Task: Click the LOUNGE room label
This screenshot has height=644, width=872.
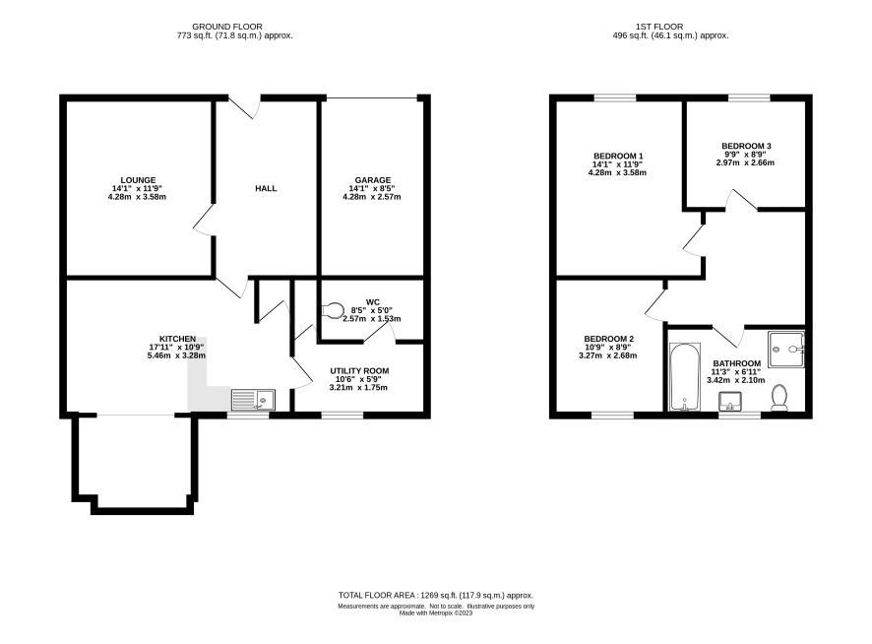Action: pyautogui.click(x=138, y=180)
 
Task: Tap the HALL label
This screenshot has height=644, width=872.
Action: pyautogui.click(x=266, y=189)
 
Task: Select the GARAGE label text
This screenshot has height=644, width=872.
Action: pyautogui.click(x=373, y=180)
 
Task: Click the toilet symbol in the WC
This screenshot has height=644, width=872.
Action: pyautogui.click(x=333, y=310)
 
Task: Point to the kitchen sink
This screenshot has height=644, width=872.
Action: pyautogui.click(x=253, y=400)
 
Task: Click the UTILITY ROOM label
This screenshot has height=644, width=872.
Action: pyautogui.click(x=359, y=371)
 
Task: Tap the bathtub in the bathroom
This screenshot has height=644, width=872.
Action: pyautogui.click(x=685, y=377)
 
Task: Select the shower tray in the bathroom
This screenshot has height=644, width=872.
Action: pyautogui.click(x=786, y=350)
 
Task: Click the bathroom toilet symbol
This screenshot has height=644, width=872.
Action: pyautogui.click(x=779, y=398)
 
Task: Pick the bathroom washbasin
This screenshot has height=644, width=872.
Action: pyautogui.click(x=730, y=401)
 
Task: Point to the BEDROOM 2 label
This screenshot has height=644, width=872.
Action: pyautogui.click(x=609, y=339)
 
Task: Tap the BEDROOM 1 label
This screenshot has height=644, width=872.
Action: pyautogui.click(x=618, y=157)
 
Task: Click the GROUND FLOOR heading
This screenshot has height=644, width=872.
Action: pyautogui.click(x=227, y=27)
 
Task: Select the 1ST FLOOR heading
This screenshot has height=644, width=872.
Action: pyautogui.click(x=659, y=27)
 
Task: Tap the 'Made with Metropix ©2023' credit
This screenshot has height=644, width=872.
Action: pyautogui.click(x=436, y=613)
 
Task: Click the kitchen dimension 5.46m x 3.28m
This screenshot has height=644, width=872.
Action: pyautogui.click(x=176, y=355)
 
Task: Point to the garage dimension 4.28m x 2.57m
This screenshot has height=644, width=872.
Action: pyautogui.click(x=371, y=197)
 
